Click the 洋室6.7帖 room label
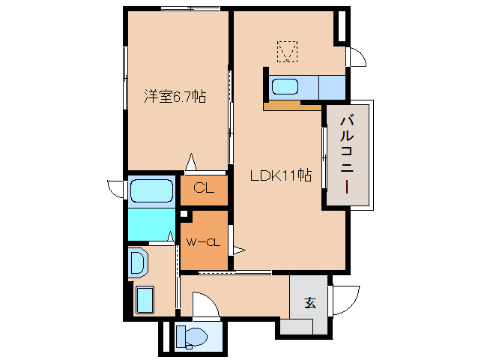point(175,97)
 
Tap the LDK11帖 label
point(281,175)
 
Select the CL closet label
point(204,188)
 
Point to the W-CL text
point(203,242)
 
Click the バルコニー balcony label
point(347,155)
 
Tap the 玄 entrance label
point(310,302)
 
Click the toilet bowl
point(193,337)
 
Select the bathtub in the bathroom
point(151,191)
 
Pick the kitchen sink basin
point(285,87)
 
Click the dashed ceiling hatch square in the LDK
point(287,52)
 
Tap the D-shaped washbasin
point(138,262)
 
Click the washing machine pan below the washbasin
point(145,300)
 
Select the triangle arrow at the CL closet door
point(191,162)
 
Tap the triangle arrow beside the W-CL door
point(239,250)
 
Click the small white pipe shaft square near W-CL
point(184,214)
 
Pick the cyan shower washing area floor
point(151,224)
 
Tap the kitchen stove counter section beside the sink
point(332,88)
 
